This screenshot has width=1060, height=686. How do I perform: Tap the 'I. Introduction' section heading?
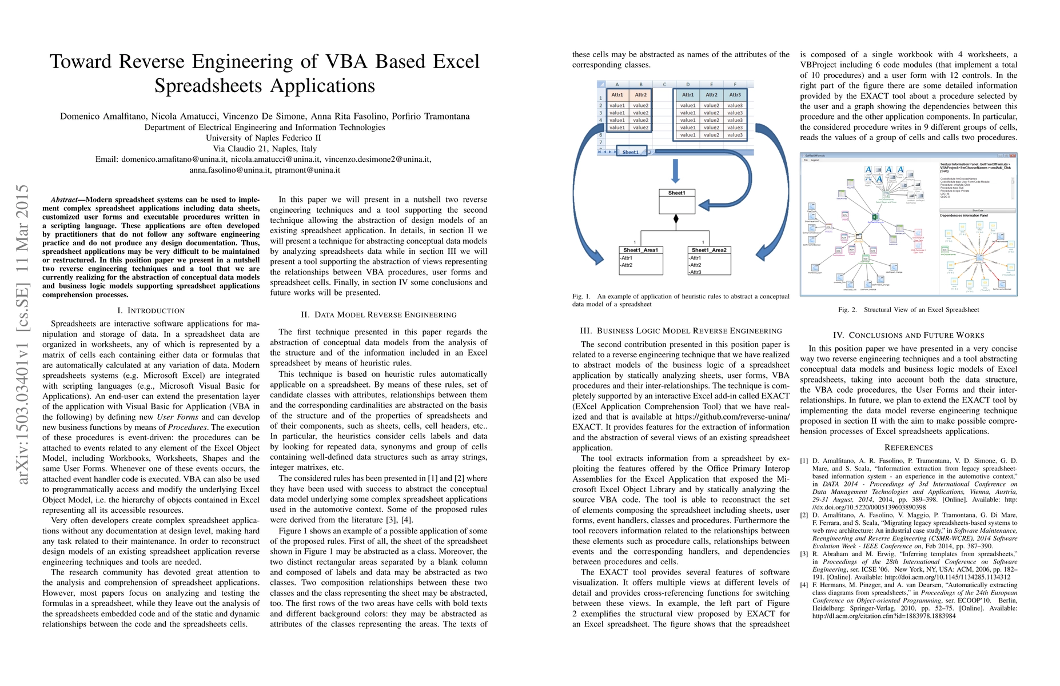[x=151, y=311]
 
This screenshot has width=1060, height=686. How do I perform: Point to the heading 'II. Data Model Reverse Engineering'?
[x=378, y=315]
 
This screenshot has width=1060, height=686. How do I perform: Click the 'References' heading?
[x=908, y=448]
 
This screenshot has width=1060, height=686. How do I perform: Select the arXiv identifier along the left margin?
[x=23, y=334]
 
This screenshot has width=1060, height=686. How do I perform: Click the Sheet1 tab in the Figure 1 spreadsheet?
[x=631, y=152]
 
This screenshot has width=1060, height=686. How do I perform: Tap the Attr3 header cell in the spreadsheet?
[x=735, y=95]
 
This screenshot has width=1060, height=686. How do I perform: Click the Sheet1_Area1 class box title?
[x=640, y=250]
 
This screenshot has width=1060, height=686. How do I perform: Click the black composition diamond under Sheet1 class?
[x=676, y=219]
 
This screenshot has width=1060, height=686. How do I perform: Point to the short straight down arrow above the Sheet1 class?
[x=676, y=171]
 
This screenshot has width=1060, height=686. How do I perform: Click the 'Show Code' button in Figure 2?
[x=978, y=210]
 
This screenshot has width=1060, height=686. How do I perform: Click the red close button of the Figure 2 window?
[x=1014, y=155]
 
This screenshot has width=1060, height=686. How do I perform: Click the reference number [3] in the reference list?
[x=804, y=554]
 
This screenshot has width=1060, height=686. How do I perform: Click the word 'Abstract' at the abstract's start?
[x=64, y=200]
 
